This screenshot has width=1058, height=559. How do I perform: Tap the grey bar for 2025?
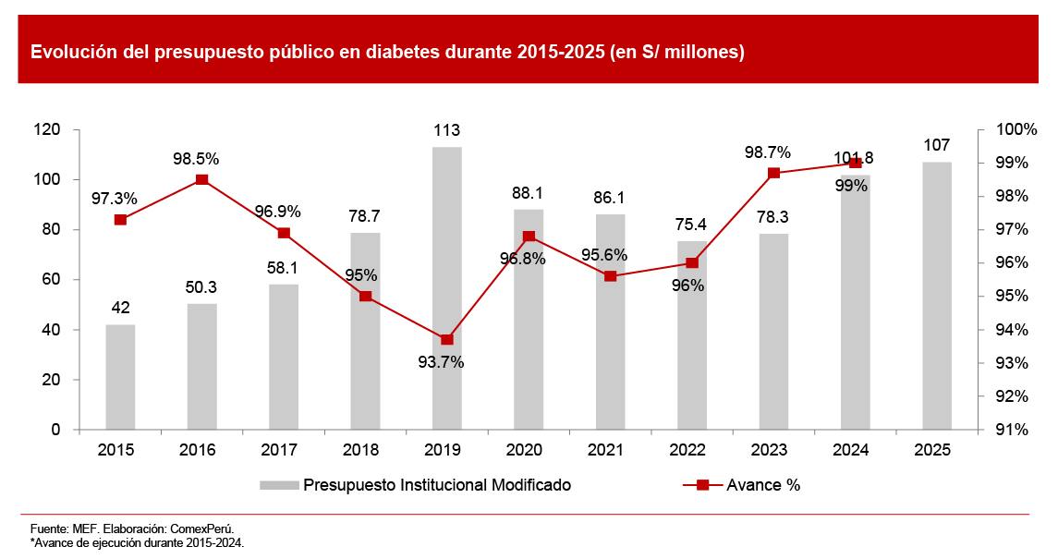[937, 296]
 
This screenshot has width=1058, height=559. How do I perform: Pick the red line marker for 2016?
[201, 180]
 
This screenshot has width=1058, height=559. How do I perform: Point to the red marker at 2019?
[447, 340]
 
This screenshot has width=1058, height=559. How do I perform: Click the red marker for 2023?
[773, 173]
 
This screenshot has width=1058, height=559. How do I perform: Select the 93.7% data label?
[441, 362]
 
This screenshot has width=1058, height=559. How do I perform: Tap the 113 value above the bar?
[447, 130]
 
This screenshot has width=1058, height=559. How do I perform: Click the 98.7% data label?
[768, 152]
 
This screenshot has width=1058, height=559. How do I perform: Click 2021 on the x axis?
[610, 450]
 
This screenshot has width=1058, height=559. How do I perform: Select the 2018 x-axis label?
[365, 450]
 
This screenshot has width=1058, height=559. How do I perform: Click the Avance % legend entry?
[763, 485]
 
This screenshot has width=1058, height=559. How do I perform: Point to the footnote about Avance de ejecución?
[138, 542]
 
